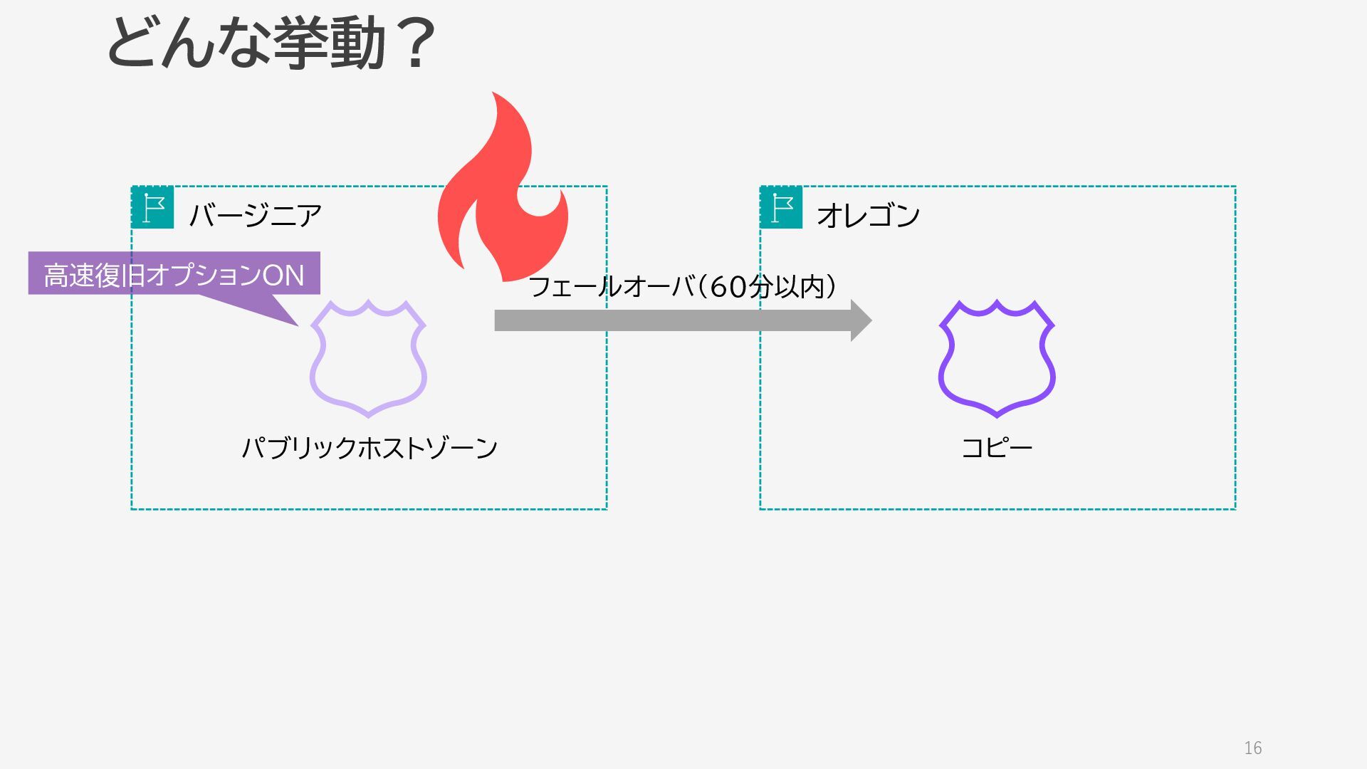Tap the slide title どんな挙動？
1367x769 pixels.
[x=271, y=44]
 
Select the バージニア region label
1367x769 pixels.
[x=255, y=215]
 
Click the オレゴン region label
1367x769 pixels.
[x=868, y=215]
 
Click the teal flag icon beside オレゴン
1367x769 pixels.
[x=781, y=207]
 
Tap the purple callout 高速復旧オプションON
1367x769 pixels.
[x=174, y=274]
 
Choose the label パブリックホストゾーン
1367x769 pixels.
[x=370, y=448]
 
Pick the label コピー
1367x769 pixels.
[x=996, y=448]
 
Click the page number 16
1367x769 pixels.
[x=1252, y=748]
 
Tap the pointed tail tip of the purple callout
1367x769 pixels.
[x=296, y=325]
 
